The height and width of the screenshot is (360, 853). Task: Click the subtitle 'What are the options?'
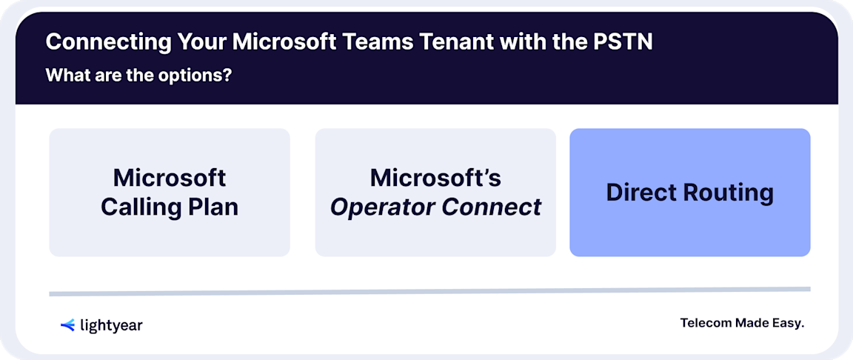click(x=137, y=76)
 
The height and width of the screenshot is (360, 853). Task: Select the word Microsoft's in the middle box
click(x=435, y=178)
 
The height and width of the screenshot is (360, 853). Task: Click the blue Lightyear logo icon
click(x=67, y=324)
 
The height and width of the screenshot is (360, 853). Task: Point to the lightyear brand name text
click(x=111, y=325)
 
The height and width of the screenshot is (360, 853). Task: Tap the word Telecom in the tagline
click(x=706, y=323)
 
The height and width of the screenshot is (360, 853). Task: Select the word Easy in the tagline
click(x=788, y=323)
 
